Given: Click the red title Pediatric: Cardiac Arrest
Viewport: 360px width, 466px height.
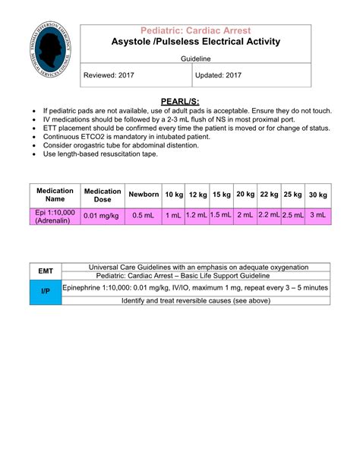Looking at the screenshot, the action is click(196, 30).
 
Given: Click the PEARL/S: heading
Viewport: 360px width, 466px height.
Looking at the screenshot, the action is click(181, 102).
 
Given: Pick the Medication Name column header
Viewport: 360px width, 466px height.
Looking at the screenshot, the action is click(55, 195).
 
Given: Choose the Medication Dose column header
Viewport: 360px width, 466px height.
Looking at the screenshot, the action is click(103, 195).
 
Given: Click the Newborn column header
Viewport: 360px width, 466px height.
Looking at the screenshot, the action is click(144, 195).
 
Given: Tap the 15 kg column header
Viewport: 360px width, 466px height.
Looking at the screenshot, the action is click(222, 195).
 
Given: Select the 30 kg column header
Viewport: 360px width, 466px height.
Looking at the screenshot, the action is click(318, 195).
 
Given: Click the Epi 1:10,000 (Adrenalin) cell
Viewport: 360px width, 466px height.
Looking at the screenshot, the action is click(55, 216).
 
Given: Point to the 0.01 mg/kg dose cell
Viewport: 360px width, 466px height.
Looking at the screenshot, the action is click(103, 216).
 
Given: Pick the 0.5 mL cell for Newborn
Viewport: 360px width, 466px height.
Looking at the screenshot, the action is click(144, 216).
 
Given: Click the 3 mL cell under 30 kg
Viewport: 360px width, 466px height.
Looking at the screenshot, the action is click(318, 216).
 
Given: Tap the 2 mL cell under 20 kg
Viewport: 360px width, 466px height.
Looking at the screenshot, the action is click(245, 216).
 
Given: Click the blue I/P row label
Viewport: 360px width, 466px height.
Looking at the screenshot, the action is click(46, 292).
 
